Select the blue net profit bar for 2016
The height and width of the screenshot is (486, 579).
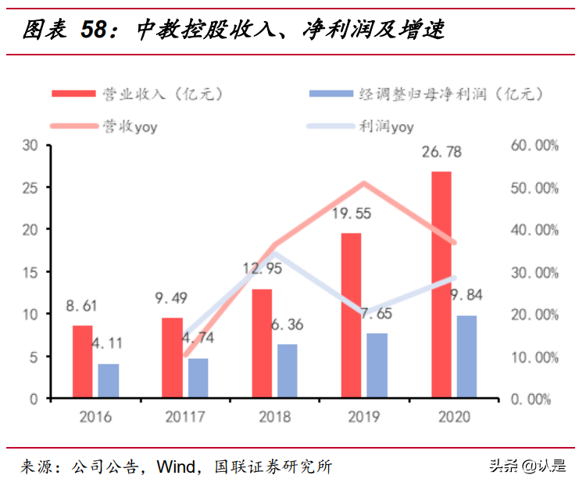[109, 381]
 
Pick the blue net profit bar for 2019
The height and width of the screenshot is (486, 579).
[377, 365]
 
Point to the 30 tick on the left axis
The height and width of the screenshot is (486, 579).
[31, 145]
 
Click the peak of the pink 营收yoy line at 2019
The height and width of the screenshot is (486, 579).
[363, 183]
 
